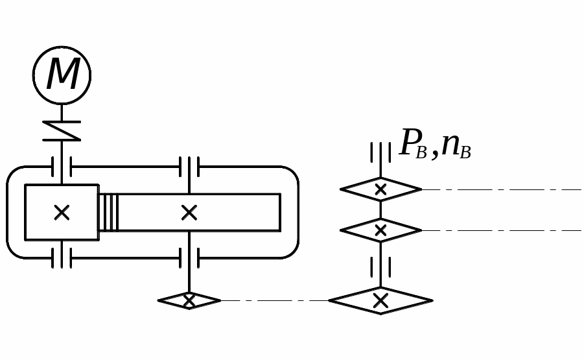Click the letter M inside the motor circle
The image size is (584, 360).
click(x=63, y=75)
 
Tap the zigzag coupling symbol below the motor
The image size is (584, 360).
click(x=62, y=130)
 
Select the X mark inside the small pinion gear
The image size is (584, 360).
click(x=62, y=212)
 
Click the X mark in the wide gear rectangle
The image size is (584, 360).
click(x=189, y=212)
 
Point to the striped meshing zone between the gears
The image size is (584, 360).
click(x=108, y=212)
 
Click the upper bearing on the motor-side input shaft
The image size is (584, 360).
click(x=62, y=166)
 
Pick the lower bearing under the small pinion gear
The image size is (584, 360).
click(x=62, y=258)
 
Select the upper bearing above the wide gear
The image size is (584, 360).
click(x=189, y=166)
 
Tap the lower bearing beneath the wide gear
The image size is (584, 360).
click(x=189, y=258)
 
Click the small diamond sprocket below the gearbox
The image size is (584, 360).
click(x=189, y=300)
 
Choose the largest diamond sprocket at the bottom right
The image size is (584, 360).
click(x=380, y=300)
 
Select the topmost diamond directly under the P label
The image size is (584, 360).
click(x=380, y=189)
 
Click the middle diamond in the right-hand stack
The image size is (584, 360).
click(x=380, y=230)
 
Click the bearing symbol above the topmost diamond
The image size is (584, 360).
click(x=380, y=152)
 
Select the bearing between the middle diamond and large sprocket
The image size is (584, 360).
click(x=380, y=267)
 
